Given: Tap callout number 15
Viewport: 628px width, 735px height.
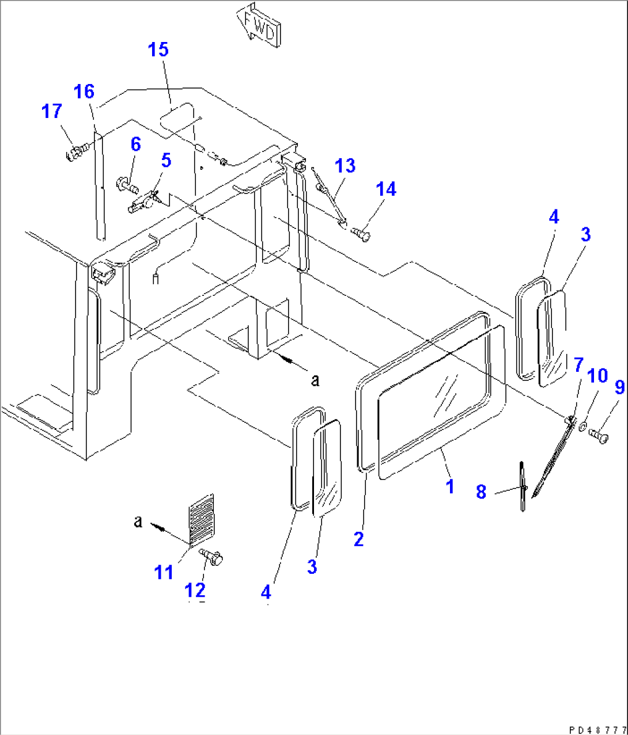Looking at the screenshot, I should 157,50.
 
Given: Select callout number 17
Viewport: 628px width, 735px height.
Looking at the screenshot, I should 52,111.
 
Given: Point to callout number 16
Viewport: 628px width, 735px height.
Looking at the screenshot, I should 84,92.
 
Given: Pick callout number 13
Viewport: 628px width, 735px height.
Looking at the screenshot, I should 345,166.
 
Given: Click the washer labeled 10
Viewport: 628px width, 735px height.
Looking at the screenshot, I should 583,426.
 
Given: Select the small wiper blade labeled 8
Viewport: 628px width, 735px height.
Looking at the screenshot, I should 522,487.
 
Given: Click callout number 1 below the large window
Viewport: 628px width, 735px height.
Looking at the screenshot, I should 451,486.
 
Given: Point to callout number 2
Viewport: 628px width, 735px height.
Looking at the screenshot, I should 358,539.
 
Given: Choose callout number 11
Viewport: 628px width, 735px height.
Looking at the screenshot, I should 164,573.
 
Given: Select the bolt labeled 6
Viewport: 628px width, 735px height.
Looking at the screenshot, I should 128,185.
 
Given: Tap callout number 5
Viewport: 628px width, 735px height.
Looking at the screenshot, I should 166,161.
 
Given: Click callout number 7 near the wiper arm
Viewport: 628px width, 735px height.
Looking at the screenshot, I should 578,364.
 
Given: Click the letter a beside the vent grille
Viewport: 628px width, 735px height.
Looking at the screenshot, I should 138,521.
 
